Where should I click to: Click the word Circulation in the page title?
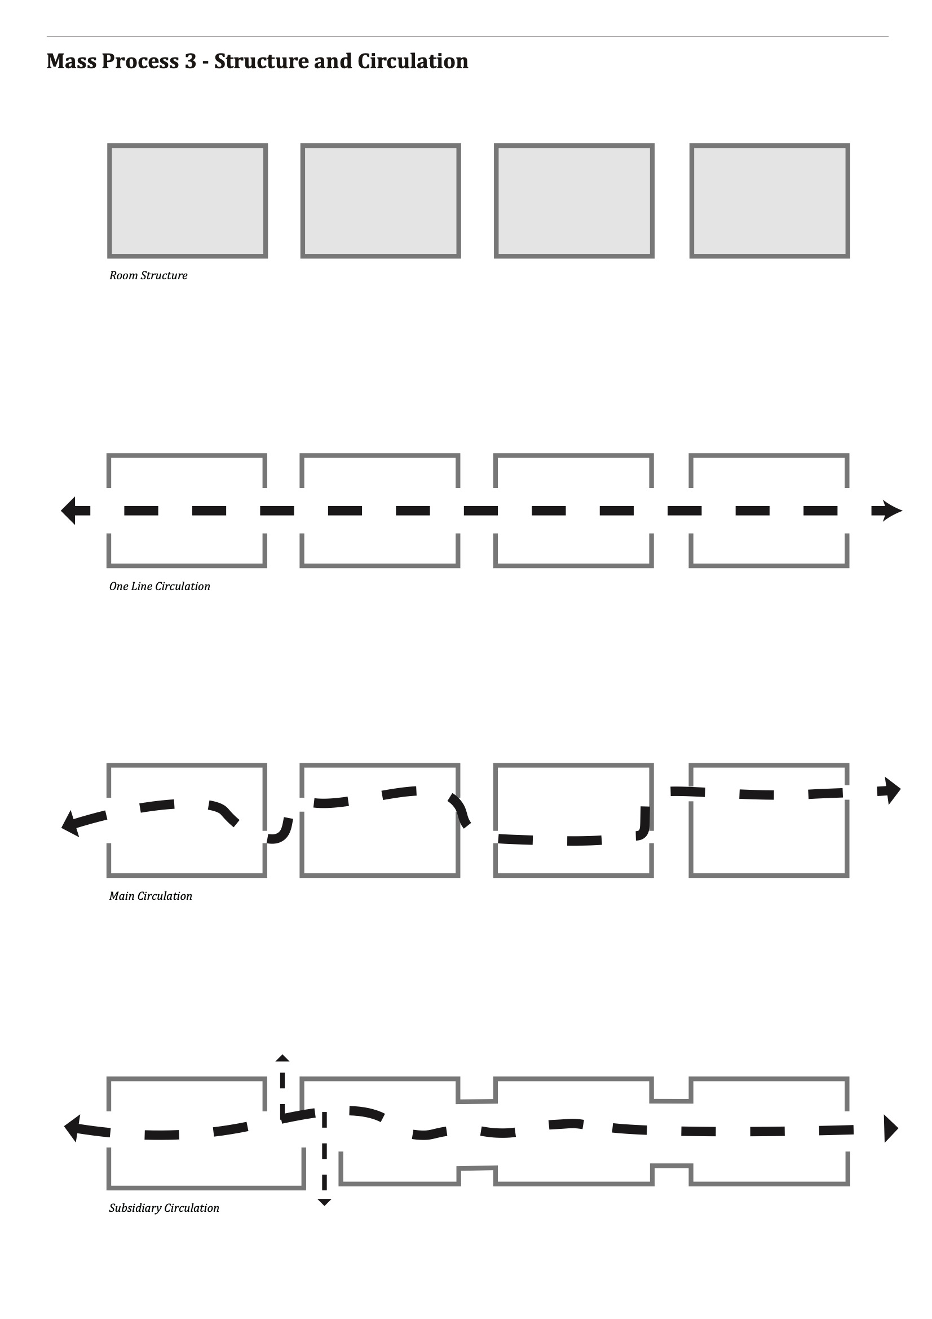tap(413, 61)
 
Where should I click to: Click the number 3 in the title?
tap(190, 61)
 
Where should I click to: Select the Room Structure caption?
tap(148, 275)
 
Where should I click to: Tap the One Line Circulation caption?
tap(160, 586)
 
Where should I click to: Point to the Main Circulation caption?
tap(151, 896)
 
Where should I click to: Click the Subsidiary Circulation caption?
tap(164, 1207)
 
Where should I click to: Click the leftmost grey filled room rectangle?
tap(187, 200)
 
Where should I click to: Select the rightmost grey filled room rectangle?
tap(770, 200)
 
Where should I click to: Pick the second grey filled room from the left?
tap(381, 200)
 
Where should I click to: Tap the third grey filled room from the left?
tap(574, 200)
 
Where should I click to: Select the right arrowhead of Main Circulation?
tap(892, 790)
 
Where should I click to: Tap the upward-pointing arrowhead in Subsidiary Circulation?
tap(282, 1058)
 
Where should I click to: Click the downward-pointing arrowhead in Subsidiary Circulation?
tap(324, 1202)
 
